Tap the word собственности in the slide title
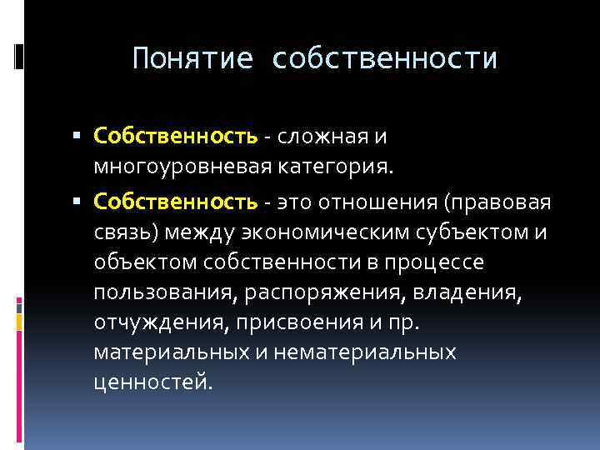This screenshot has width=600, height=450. click(384, 59)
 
